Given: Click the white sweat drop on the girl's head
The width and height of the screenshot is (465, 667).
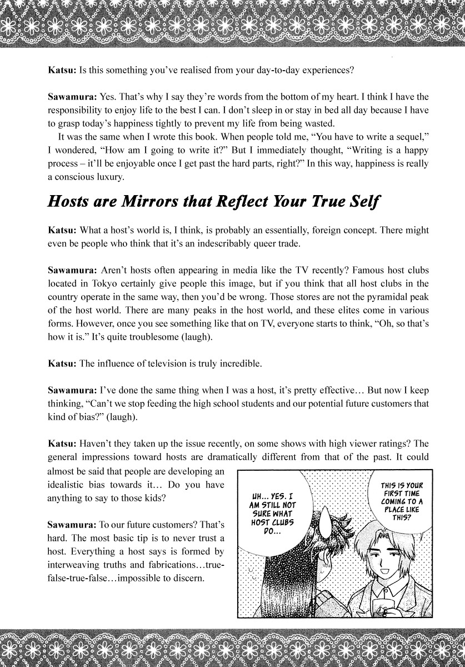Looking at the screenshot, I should click(x=322, y=528).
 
